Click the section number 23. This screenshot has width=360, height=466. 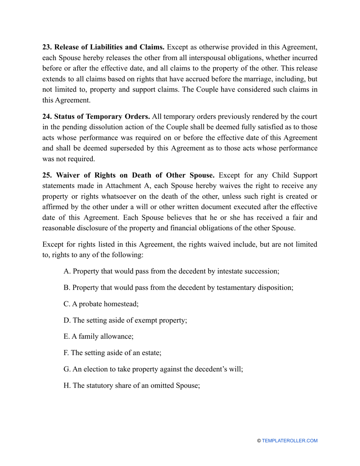(x=47, y=47)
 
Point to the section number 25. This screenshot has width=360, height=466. (x=47, y=175)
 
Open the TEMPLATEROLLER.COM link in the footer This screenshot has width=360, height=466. (x=290, y=441)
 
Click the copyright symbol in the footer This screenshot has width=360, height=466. (x=259, y=441)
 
